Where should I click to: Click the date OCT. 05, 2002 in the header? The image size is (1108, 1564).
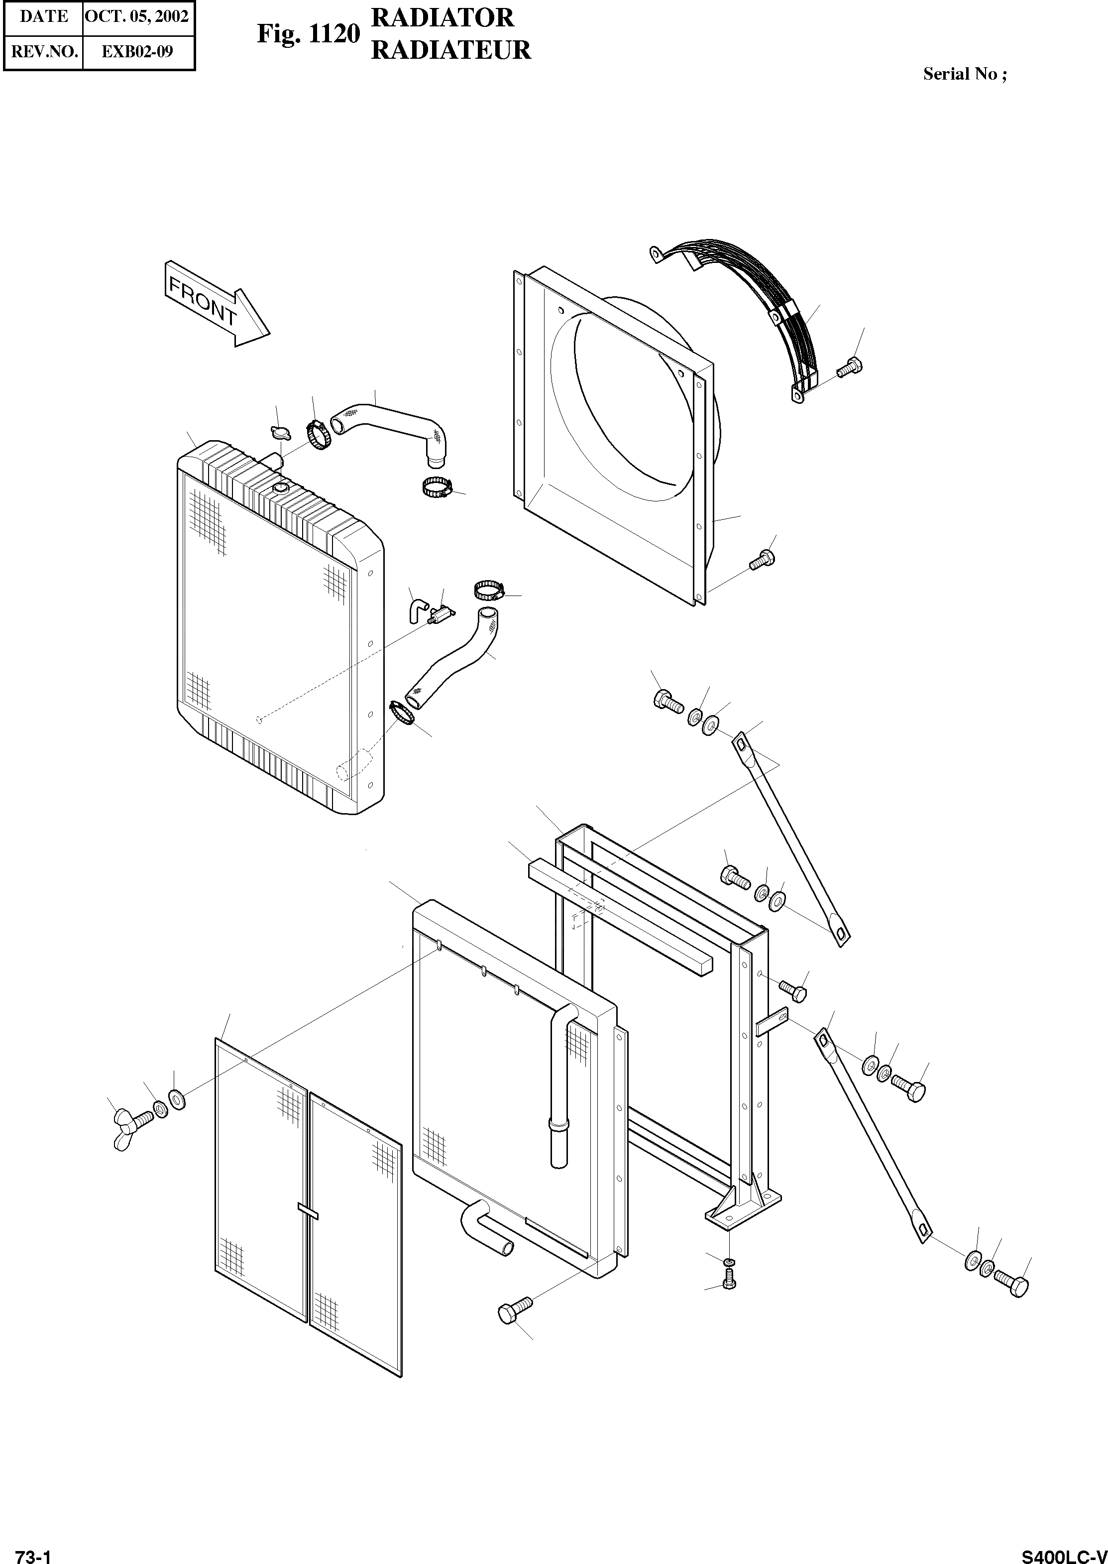click(137, 16)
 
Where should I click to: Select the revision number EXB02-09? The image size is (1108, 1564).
click(137, 51)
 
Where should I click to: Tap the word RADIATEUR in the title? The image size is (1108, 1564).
click(450, 50)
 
